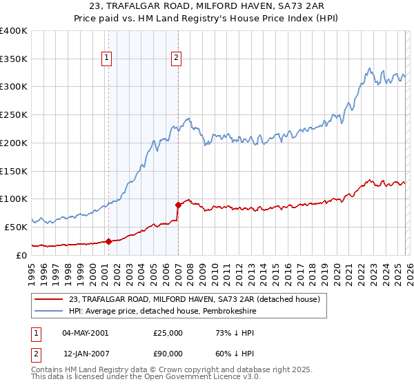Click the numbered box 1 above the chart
pos(108,59)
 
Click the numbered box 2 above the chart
pos(177,59)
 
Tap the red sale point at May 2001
pos(108,241)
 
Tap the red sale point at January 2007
pos(178,205)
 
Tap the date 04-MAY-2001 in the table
pos(85,333)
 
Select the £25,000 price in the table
pos(168,333)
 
